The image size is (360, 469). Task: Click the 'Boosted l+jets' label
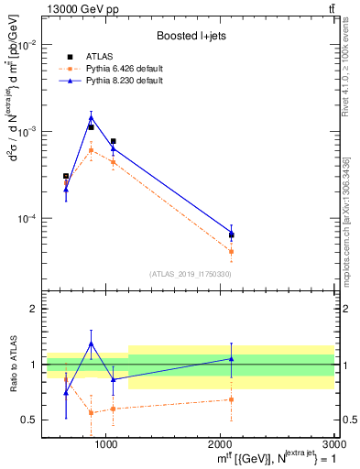click(x=191, y=36)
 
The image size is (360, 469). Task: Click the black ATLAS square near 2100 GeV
click(x=231, y=235)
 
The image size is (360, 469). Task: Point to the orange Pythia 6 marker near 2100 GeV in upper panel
click(x=231, y=251)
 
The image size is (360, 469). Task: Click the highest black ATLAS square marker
click(x=91, y=127)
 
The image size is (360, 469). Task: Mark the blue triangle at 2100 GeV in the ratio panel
click(x=231, y=359)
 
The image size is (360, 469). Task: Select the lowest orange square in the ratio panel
click(x=91, y=412)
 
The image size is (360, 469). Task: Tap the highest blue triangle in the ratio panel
click(x=91, y=344)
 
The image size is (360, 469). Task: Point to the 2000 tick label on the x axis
click(x=221, y=443)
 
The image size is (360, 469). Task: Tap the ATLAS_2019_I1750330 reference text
click(x=191, y=274)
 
